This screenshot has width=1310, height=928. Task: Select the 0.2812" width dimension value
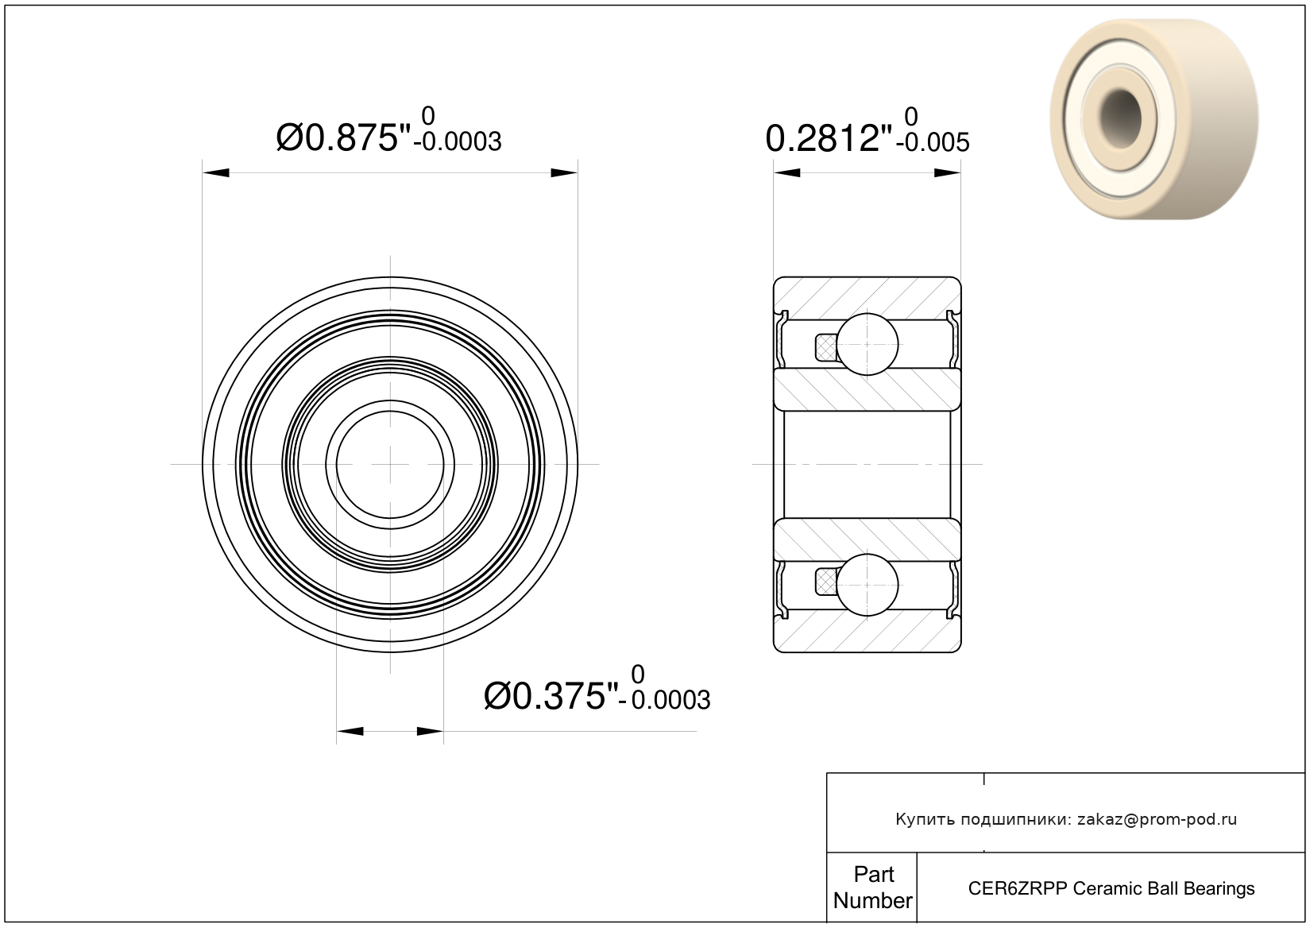(x=829, y=139)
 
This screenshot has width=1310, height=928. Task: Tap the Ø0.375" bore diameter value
(x=551, y=697)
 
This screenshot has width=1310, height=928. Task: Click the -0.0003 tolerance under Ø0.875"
(x=458, y=142)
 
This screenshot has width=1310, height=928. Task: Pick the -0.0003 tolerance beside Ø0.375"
(x=665, y=700)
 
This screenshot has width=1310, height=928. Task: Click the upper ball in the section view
(x=867, y=344)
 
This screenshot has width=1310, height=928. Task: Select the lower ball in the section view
(x=867, y=585)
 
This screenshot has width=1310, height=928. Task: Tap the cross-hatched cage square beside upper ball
(x=825, y=347)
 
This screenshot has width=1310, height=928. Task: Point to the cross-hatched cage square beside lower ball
(x=825, y=582)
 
